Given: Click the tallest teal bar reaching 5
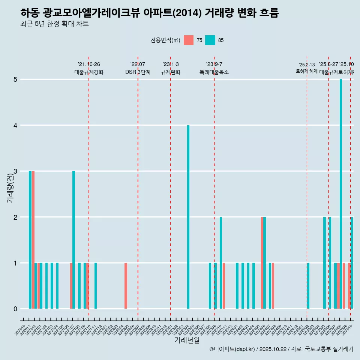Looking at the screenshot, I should click(341, 194).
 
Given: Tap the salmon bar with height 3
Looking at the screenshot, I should click(33, 240).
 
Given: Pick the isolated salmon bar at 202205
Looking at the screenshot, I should click(126, 286).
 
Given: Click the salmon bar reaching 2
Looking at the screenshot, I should click(262, 263).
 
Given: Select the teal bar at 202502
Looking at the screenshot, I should click(308, 286).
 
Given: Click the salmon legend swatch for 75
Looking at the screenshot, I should click(189, 40).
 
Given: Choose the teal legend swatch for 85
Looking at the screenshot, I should click(210, 40).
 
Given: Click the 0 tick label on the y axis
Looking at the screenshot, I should click(15, 309).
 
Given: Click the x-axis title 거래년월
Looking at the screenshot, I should click(187, 340).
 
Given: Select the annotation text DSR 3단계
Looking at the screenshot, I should click(138, 72).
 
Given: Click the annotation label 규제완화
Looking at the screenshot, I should click(171, 72).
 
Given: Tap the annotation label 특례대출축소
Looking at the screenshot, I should click(214, 72).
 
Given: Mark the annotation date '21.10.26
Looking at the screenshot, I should click(89, 64).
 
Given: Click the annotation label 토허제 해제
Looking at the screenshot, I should click(307, 71).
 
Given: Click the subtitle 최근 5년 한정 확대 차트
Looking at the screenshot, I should click(55, 24).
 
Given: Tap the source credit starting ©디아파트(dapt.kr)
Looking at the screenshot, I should click(281, 349).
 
